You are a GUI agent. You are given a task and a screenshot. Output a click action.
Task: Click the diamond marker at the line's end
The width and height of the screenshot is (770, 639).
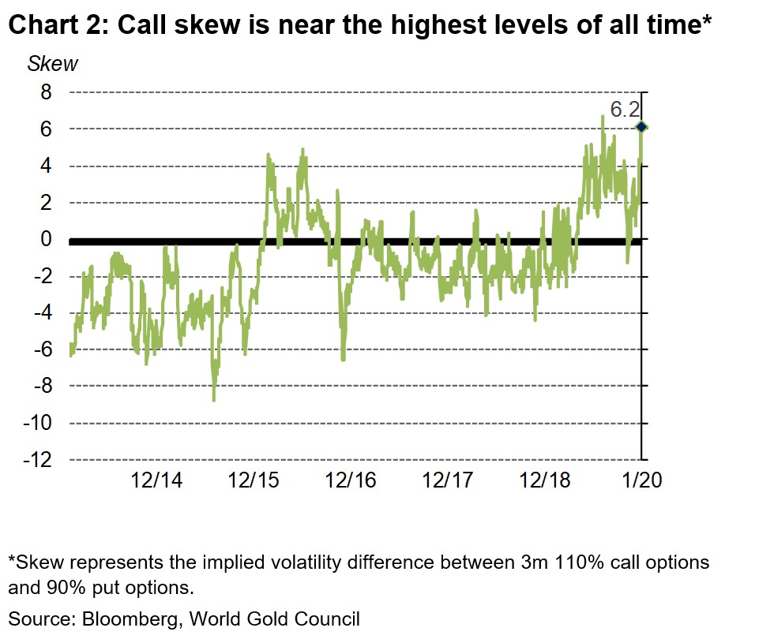[641, 127]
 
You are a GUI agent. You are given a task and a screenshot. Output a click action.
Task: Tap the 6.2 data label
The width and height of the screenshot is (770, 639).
[624, 109]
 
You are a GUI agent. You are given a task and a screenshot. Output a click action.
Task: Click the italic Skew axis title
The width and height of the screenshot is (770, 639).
[53, 64]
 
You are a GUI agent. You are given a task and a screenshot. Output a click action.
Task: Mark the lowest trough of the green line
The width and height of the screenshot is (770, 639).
[213, 399]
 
